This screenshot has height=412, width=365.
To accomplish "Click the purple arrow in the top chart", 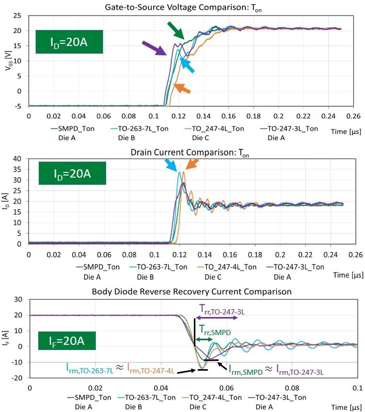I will click(154, 49).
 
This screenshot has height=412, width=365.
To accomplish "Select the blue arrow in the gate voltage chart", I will click(188, 67).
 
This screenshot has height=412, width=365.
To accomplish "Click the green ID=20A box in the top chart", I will click(69, 42).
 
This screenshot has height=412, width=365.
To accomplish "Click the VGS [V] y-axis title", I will click(7, 61).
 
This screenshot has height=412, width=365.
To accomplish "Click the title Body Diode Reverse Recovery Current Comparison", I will click(192, 292).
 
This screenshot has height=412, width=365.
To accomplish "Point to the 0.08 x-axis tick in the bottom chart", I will click(292, 387).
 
